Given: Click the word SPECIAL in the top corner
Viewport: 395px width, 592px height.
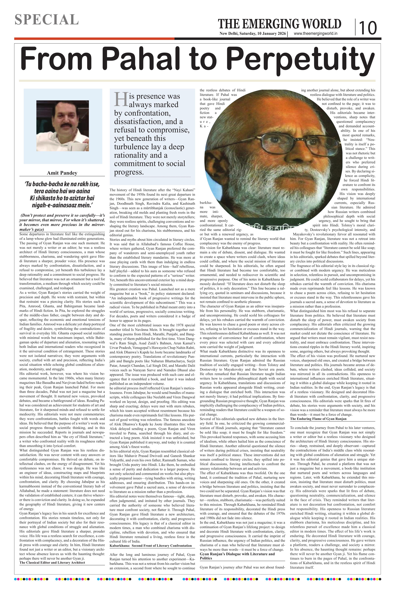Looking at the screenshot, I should (x=47, y=20).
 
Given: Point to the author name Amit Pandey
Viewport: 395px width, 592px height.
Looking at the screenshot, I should (x=62, y=173).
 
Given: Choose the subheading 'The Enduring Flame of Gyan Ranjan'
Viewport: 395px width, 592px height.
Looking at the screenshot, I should (x=318, y=419).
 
